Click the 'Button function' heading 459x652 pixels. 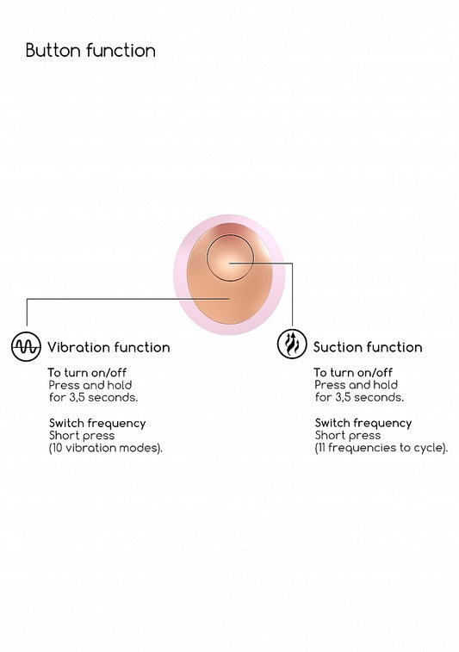coord(90,51)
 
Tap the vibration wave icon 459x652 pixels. coord(26,346)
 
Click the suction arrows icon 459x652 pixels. coord(292,344)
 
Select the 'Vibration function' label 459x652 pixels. coord(109,347)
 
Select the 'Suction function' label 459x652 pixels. coord(368,347)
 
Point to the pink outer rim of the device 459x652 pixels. coord(179,275)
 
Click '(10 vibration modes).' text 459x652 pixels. coord(106,448)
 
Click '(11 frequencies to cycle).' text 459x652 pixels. coord(381,448)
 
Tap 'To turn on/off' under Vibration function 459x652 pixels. coord(87,372)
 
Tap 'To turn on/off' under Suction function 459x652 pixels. coord(353,372)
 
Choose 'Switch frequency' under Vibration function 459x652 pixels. coord(97,423)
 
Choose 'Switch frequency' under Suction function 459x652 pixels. coord(363,423)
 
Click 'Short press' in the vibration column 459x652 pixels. coord(82,436)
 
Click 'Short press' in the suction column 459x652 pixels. coord(348,435)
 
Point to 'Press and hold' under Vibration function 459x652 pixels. coord(90,385)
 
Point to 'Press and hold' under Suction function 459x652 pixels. coord(357,385)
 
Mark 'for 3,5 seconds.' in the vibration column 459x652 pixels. coord(93,398)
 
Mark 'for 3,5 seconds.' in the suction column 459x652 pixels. coord(359,397)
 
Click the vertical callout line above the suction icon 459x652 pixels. coord(292,295)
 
